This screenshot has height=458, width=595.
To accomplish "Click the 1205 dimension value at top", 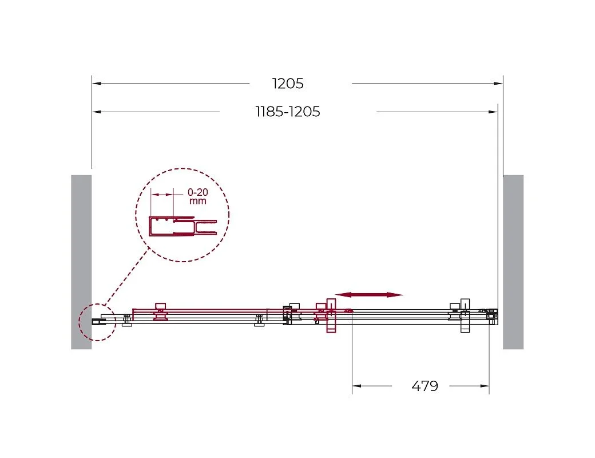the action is (288, 84).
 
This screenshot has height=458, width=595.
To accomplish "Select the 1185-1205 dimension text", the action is (288, 112).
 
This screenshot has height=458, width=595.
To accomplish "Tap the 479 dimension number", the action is (425, 386).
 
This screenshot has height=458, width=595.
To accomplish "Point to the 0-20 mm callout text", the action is (198, 196).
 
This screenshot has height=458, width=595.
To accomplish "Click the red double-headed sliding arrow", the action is (369, 295).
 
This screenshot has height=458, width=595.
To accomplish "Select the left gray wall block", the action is (81, 262).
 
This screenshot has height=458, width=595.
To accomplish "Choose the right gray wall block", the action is (513, 262).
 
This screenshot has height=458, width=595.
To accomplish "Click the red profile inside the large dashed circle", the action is (183, 226).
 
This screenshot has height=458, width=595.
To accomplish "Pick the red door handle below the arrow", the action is (331, 315).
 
